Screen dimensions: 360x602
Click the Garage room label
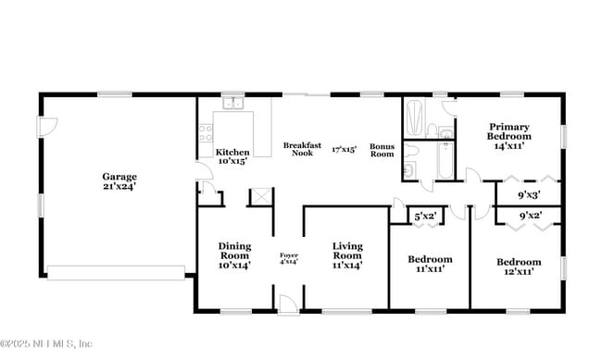pos(119,176)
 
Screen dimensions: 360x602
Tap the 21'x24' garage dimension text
pos(119,186)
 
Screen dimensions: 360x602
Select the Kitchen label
pos(232,152)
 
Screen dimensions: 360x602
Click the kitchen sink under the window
pos(232,105)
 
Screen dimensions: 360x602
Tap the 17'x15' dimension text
pos(345,149)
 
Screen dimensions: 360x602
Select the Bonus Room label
pos(382,150)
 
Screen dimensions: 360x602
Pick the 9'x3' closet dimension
pos(531,194)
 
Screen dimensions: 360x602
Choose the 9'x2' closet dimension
pos(531,216)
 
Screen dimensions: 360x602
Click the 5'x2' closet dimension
pos(425,216)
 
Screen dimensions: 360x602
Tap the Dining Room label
pos(234,250)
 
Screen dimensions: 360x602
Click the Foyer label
pos(289,254)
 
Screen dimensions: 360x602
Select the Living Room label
pos(347,250)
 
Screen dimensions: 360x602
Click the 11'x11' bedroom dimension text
pos(431,269)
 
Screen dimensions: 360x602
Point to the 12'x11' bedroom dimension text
pos(516,271)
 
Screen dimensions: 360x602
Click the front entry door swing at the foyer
pos(288,302)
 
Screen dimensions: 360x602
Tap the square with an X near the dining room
pos(260,196)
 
